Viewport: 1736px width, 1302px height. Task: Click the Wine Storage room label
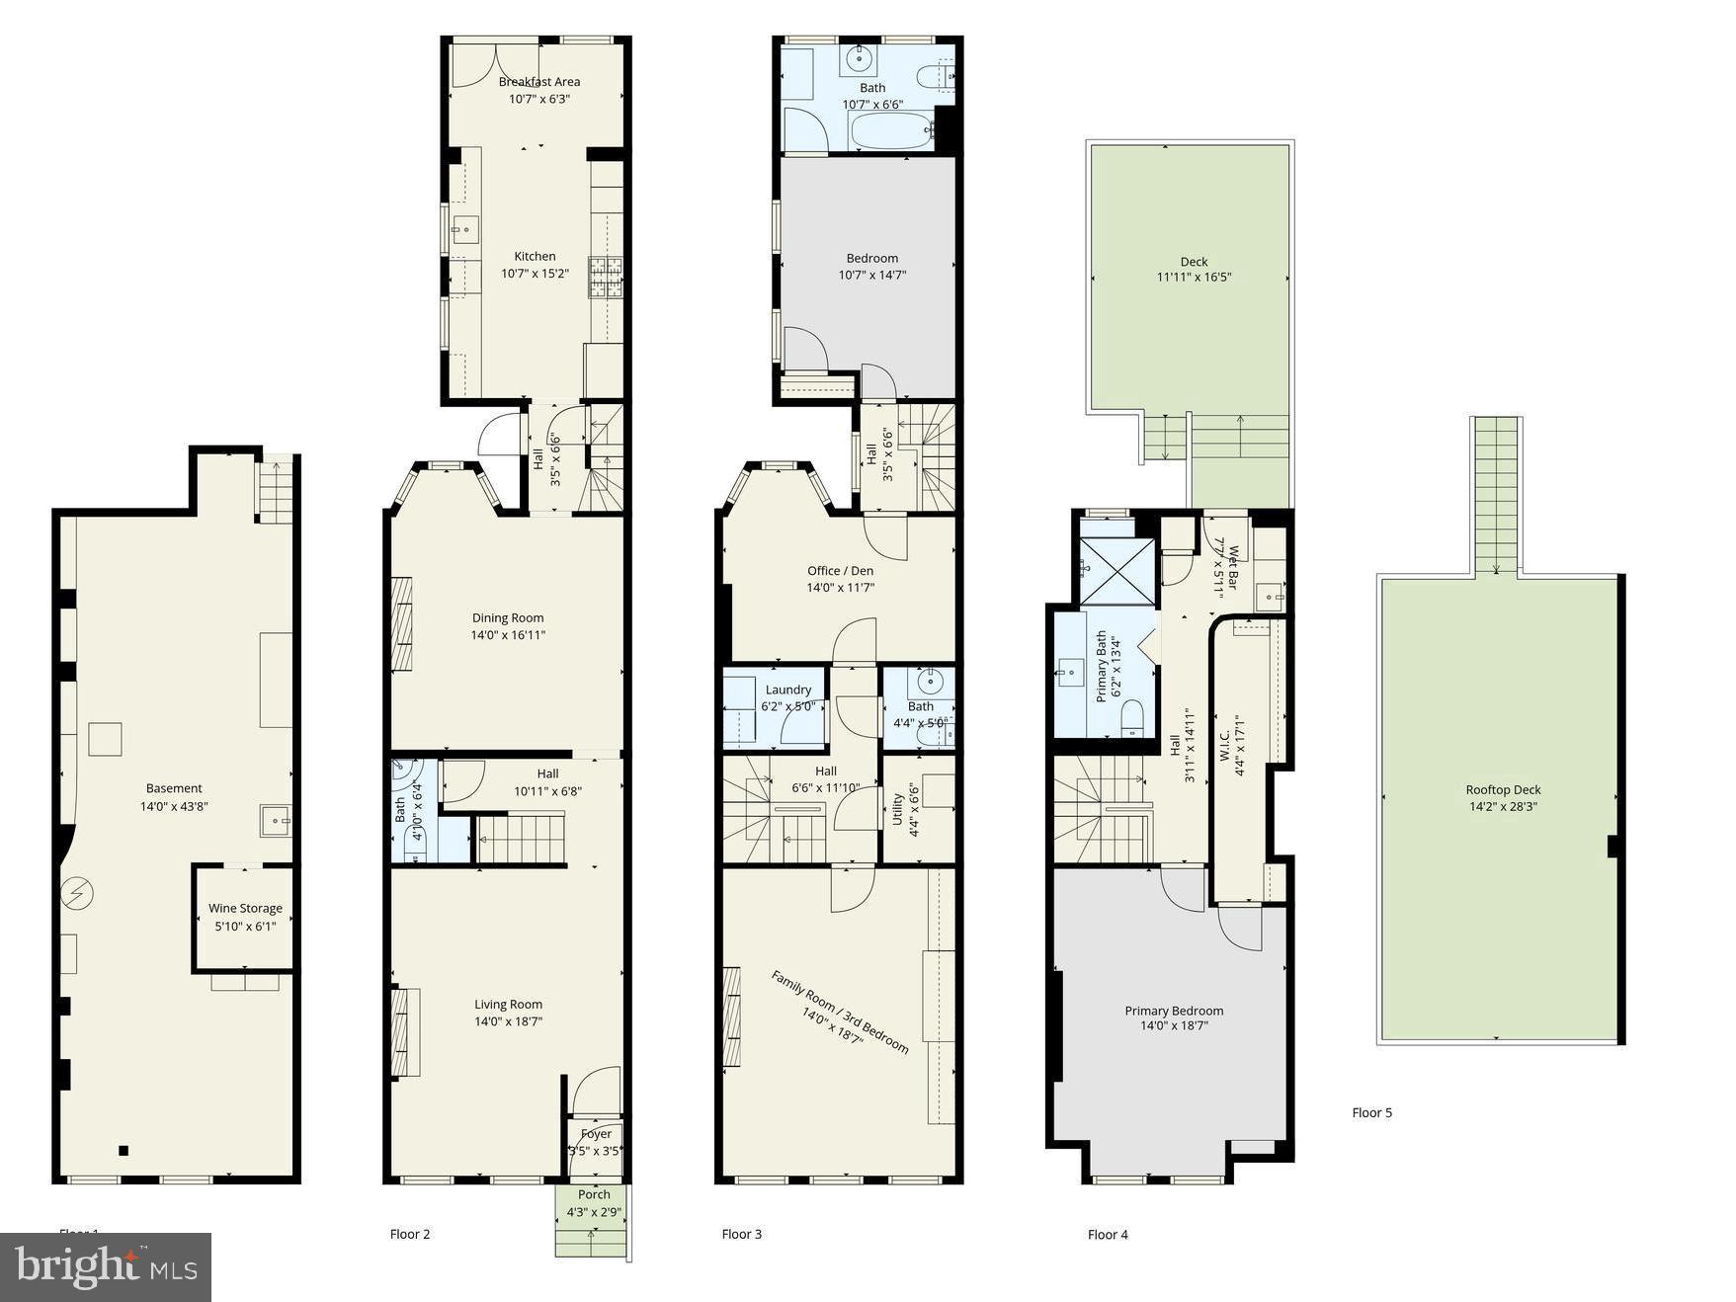coord(245,908)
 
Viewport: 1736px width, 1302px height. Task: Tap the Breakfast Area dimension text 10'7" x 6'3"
coord(538,99)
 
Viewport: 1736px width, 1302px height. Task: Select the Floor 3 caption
coord(741,1234)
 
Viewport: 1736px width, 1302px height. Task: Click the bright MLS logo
coord(106,1266)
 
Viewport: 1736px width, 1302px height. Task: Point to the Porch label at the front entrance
coord(594,1194)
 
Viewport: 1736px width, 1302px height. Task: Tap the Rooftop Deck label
coord(1503,789)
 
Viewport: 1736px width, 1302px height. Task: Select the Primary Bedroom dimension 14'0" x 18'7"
coord(1174,1026)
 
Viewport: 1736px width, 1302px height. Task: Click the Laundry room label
coord(787,690)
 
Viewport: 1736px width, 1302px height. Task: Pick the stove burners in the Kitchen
coord(606,277)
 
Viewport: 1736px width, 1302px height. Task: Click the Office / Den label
coord(840,570)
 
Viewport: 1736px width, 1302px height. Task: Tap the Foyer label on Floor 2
coord(596,1134)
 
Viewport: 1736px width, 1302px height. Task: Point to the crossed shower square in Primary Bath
coord(1116,571)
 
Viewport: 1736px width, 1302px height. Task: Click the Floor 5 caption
coord(1371,1112)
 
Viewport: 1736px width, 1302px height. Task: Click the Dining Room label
coord(507,617)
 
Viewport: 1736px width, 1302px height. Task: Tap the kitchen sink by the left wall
coord(464,230)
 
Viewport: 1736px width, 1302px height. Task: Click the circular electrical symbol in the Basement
coord(77,894)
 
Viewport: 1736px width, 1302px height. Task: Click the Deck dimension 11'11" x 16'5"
coord(1194,278)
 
